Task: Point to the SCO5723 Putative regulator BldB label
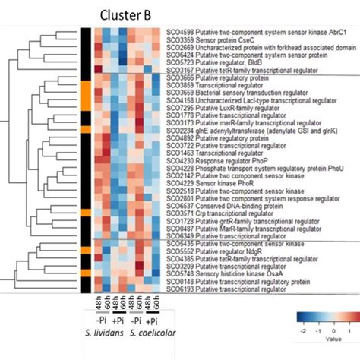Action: (x=216, y=61)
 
